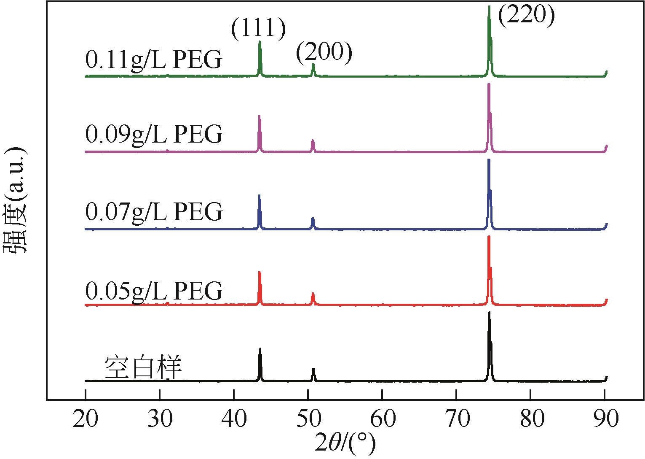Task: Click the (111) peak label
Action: (x=258, y=29)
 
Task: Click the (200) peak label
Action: (x=324, y=53)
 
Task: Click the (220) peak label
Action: (x=527, y=16)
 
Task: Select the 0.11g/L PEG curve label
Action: (x=153, y=60)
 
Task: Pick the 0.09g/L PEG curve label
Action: (x=154, y=135)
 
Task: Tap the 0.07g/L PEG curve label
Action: (x=154, y=211)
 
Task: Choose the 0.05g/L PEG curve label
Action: (x=154, y=290)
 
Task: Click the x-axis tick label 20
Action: (x=85, y=419)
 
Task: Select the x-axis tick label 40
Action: (x=233, y=419)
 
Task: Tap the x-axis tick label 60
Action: (x=382, y=419)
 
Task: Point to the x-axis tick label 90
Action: (x=605, y=419)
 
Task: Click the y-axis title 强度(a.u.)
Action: (x=16, y=200)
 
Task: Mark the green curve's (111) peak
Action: (x=260, y=42)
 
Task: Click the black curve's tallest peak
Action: (x=489, y=313)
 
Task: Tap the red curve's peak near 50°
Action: (x=313, y=294)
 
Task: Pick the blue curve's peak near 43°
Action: (x=259, y=196)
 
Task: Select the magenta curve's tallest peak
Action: (x=489, y=84)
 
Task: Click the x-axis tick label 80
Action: (x=530, y=419)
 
